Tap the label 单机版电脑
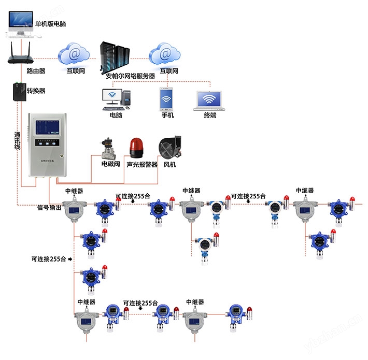50,24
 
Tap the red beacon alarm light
136,147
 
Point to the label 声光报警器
141,165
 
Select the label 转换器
36,91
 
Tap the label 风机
169,165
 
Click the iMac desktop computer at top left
20,23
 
